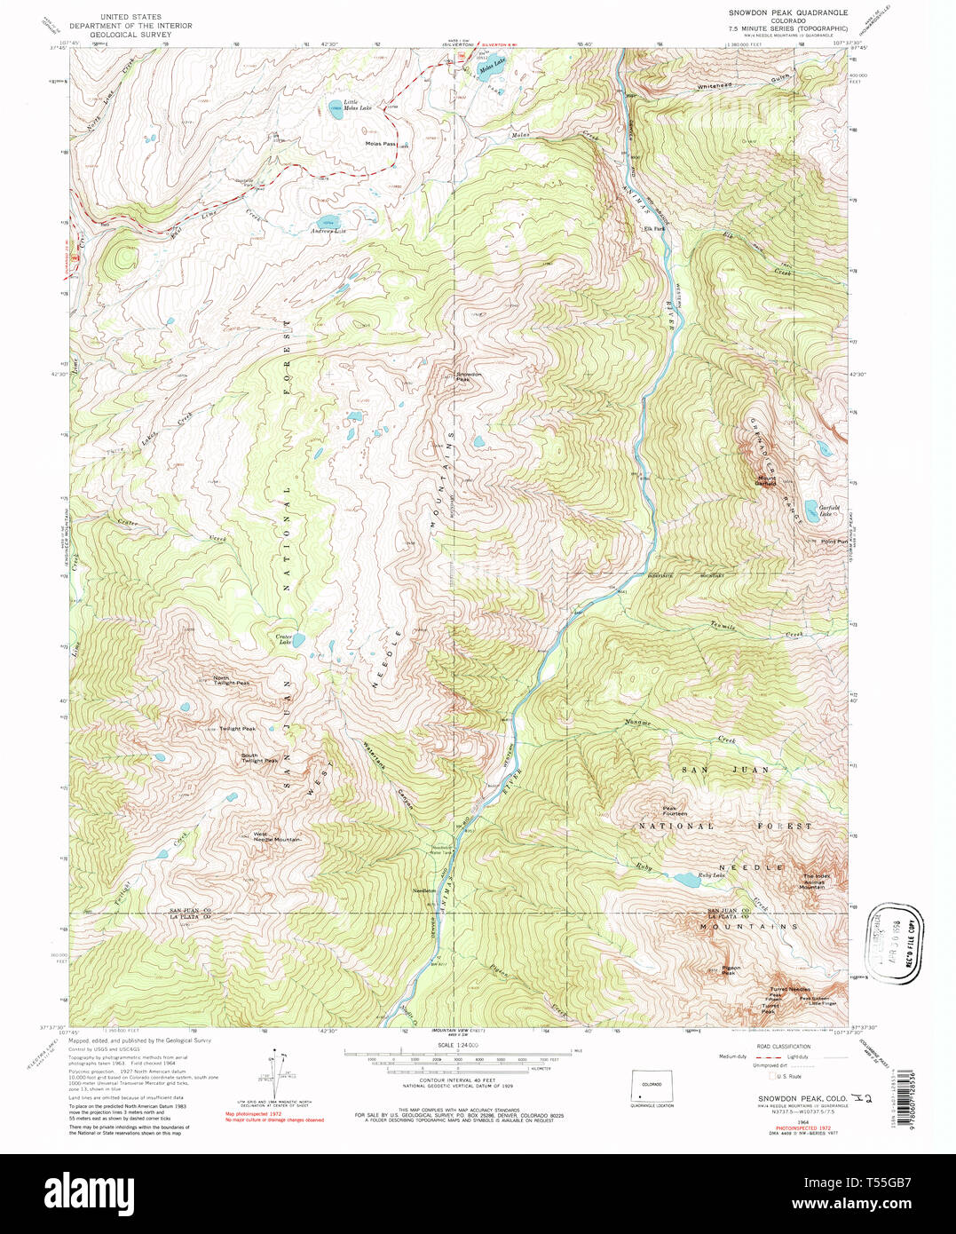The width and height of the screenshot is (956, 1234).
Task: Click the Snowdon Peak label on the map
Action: click(469, 376)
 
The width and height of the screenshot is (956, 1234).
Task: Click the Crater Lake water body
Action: click(299, 639)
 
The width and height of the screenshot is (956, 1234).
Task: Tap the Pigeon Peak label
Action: click(730, 970)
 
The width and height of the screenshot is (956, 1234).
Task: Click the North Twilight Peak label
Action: click(231, 682)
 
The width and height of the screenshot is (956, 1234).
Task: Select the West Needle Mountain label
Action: click(276, 836)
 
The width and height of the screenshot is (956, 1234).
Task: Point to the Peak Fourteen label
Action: click(675, 811)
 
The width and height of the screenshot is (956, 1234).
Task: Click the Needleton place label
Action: click(424, 890)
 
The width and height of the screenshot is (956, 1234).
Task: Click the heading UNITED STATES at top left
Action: click(130, 16)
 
